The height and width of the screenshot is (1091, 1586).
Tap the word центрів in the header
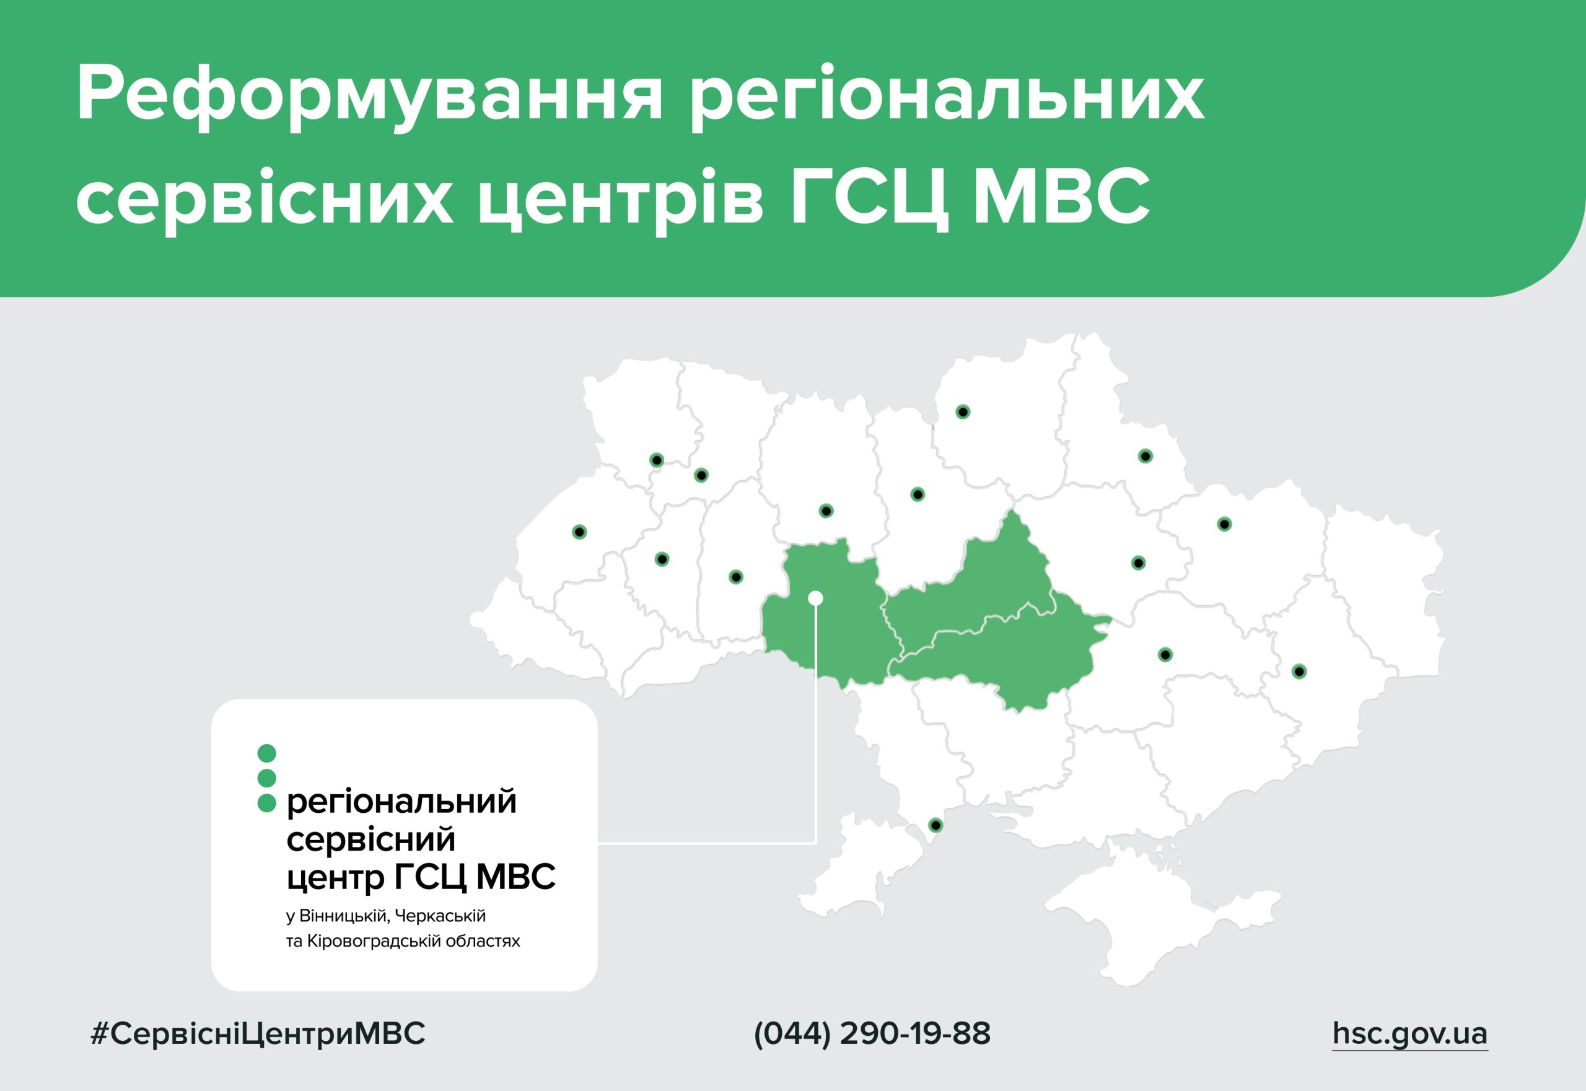620,199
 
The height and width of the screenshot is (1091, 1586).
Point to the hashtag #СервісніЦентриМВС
258,1033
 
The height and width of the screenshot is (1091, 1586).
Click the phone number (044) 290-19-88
872,1033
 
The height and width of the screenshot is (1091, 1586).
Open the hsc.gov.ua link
1409,1033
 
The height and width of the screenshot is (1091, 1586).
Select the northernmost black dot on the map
963,412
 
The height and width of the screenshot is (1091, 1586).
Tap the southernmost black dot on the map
936,826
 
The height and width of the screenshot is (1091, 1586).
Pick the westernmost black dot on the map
579,532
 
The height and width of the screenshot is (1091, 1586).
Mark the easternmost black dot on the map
1299,672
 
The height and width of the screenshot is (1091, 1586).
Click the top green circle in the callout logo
266,753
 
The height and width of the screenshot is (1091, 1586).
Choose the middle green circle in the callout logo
266,778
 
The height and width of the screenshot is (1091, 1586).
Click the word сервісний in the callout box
370,839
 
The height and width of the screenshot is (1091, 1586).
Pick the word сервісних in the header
265,199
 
